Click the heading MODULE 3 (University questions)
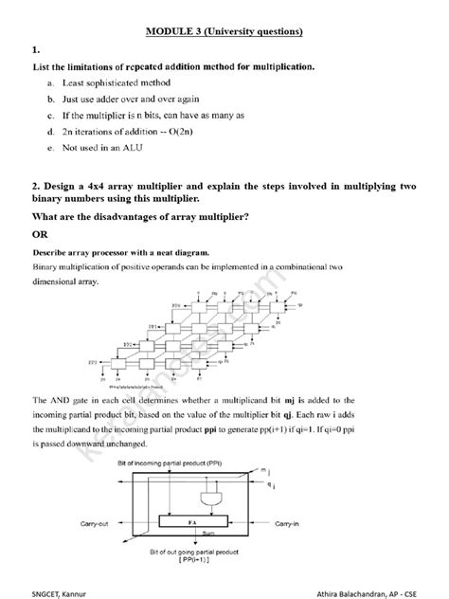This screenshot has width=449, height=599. tap(224, 31)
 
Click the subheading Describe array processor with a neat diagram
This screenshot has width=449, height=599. tap(120, 254)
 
